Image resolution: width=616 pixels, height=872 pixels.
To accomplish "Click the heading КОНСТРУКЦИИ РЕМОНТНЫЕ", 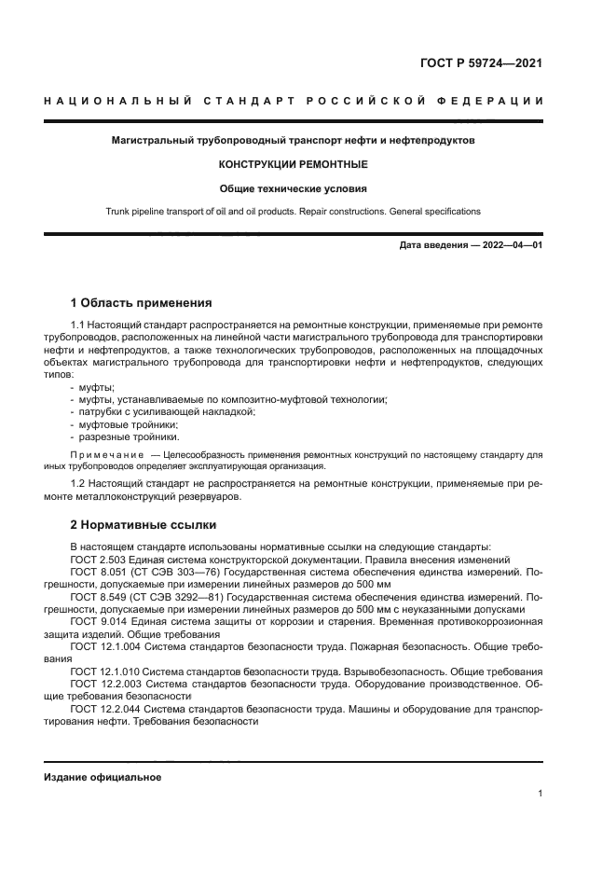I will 293,164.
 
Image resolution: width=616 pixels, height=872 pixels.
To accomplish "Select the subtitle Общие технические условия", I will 293,187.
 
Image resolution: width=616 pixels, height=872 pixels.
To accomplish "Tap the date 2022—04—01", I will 511,245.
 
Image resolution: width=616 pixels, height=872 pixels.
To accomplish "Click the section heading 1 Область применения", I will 141,303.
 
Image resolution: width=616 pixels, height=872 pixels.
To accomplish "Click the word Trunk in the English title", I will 119,212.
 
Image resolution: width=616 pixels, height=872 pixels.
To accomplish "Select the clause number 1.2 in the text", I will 78,484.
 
